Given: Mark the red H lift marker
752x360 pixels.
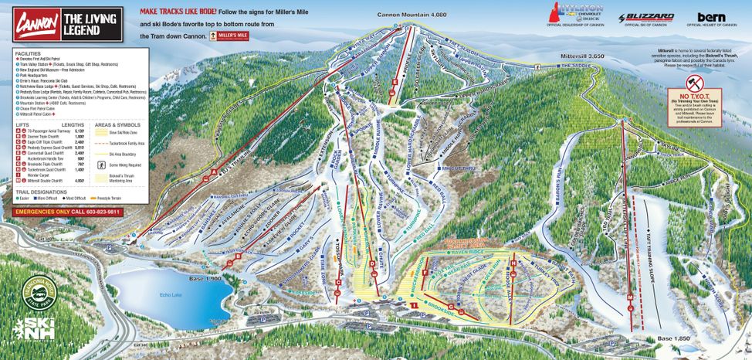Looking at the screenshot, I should tap(513, 265).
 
